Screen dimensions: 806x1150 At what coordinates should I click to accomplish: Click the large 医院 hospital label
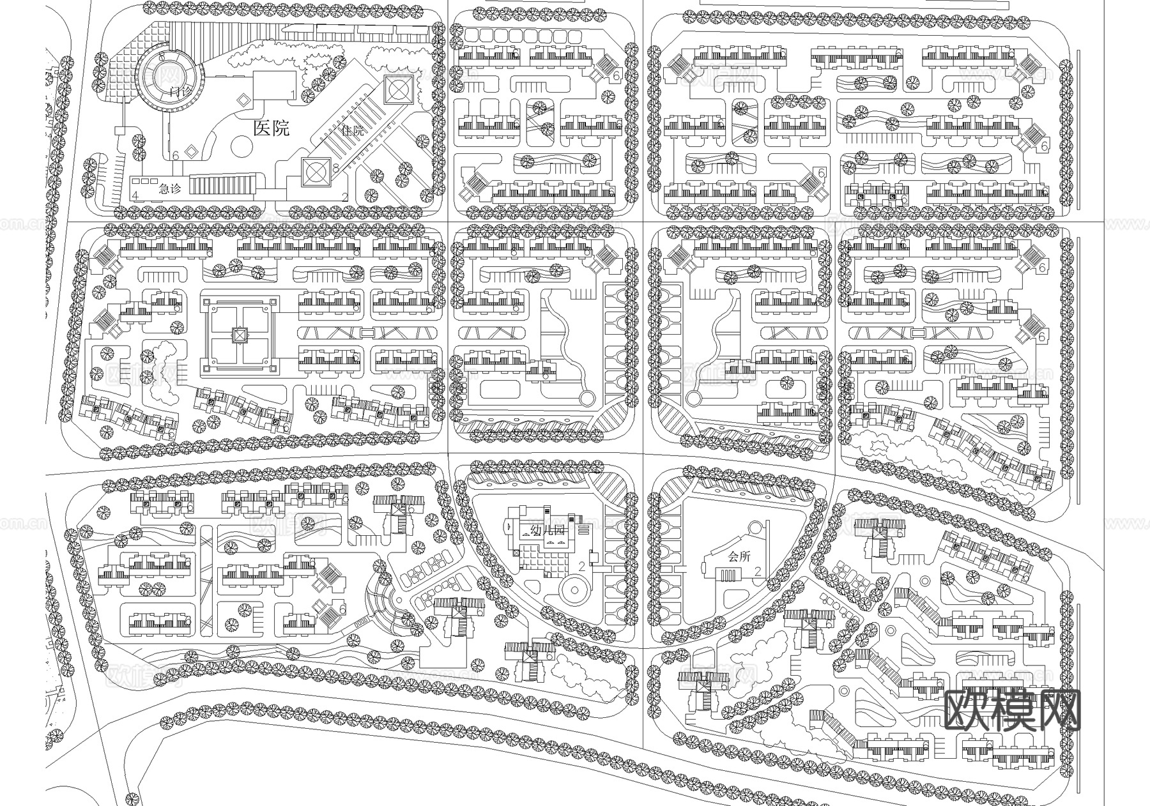(x=272, y=128)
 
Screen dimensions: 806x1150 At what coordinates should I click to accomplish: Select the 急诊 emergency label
(x=169, y=189)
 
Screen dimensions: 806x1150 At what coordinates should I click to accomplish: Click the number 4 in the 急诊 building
(x=135, y=195)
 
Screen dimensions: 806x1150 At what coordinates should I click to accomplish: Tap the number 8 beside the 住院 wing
(x=336, y=168)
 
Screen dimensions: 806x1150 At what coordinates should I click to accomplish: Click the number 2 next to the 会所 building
(x=758, y=572)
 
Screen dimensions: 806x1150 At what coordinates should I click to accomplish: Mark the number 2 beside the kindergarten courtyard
(x=581, y=566)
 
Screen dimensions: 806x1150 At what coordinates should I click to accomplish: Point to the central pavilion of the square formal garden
(x=239, y=335)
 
